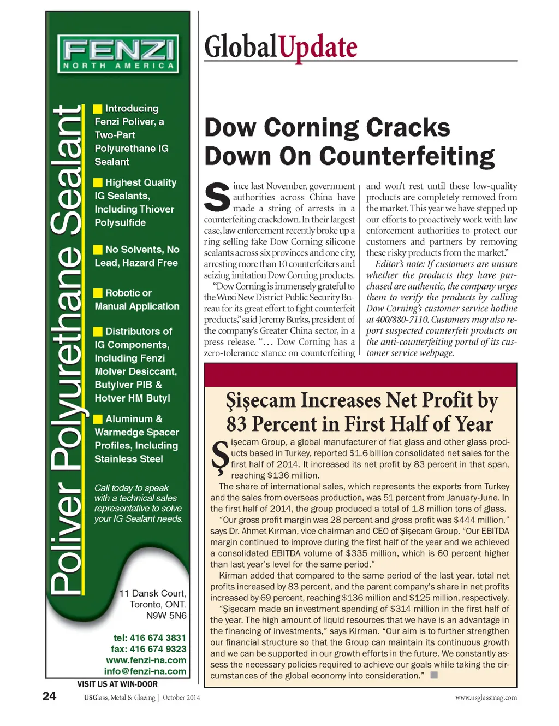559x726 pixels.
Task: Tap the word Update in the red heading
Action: pyautogui.click(x=318, y=47)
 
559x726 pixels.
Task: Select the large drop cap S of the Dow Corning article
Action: pyautogui.click(x=217, y=198)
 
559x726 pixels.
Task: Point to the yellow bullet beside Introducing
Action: pyautogui.click(x=98, y=109)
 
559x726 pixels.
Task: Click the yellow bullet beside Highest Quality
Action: pyautogui.click(x=98, y=182)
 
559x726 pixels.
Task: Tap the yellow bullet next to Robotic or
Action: pyautogui.click(x=98, y=293)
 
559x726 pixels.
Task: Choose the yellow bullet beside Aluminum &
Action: pyautogui.click(x=98, y=419)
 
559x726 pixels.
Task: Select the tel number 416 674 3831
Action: pyautogui.click(x=158, y=638)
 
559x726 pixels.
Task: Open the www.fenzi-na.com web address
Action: pyautogui.click(x=146, y=660)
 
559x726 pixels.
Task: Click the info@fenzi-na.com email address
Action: pyautogui.click(x=145, y=671)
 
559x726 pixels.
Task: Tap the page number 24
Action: pyautogui.click(x=49, y=696)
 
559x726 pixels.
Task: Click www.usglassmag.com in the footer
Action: pyautogui.click(x=486, y=698)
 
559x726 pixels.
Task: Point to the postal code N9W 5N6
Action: pyautogui.click(x=166, y=616)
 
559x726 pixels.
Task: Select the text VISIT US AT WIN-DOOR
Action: pyautogui.click(x=117, y=684)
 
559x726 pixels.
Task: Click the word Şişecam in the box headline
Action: pyautogui.click(x=260, y=400)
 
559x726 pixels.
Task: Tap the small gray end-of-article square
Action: pyautogui.click(x=434, y=675)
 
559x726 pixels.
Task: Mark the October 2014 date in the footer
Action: pyautogui.click(x=181, y=698)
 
